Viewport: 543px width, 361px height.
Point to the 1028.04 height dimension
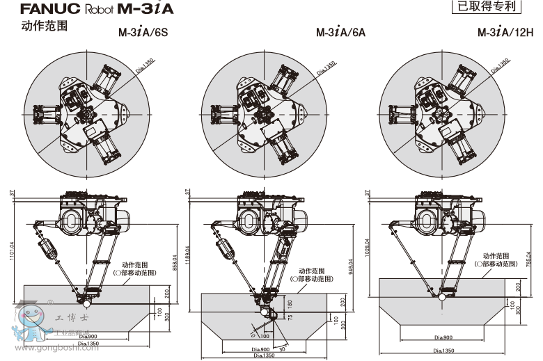point(367,248)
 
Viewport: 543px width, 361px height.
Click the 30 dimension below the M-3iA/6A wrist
point(281,348)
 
